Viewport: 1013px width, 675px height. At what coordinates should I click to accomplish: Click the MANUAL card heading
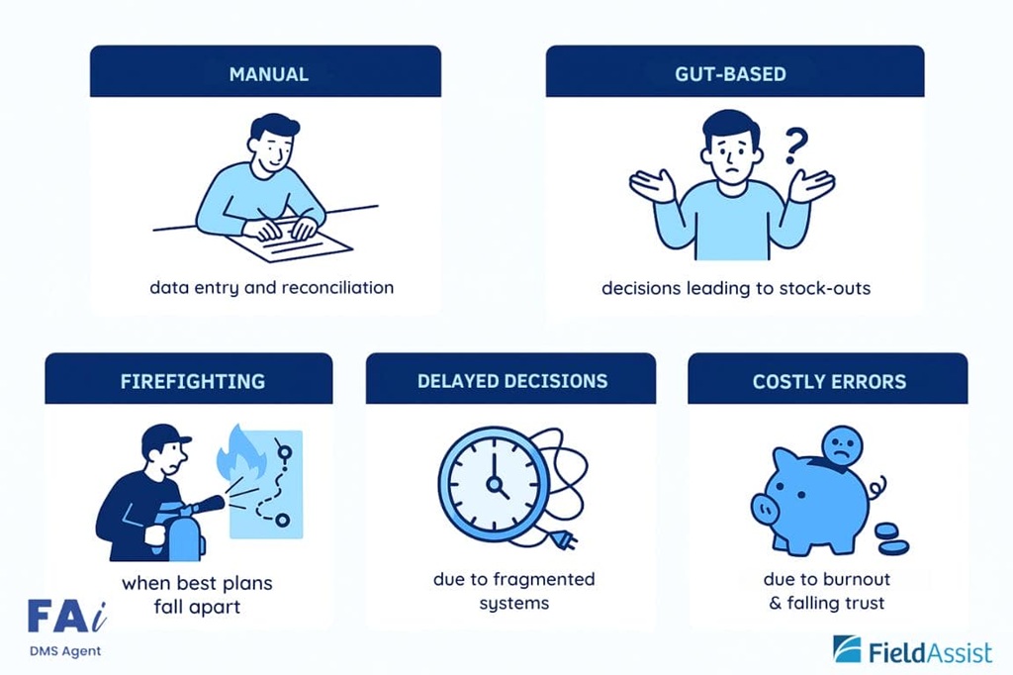coord(269,73)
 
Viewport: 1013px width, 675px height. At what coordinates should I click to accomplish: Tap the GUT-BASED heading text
coord(731,73)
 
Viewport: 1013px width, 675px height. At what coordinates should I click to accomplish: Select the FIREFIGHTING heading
coord(193,381)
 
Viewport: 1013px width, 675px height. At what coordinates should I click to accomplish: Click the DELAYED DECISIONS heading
coord(512,381)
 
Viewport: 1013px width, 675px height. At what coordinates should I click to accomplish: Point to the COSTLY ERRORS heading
coord(830,381)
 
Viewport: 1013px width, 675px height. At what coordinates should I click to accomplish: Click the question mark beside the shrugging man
coord(796,145)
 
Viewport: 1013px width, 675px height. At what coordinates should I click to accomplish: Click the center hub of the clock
coord(495,483)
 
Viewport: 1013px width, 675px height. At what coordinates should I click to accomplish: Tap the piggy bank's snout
coord(765,510)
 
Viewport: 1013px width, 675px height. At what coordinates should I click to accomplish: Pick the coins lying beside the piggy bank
coord(891,538)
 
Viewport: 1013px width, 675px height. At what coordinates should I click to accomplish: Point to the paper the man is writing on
coord(290,241)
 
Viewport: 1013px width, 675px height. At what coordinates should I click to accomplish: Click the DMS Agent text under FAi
coord(65,651)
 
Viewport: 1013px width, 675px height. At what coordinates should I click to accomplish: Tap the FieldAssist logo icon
coord(847,650)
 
